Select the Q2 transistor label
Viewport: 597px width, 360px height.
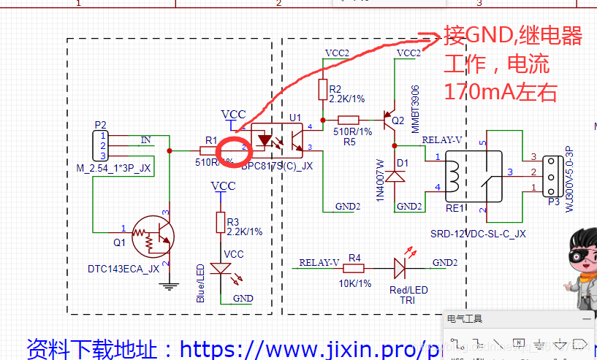pyautogui.click(x=398, y=120)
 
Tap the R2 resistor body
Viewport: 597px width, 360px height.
pyautogui.click(x=324, y=89)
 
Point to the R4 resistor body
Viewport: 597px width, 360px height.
pyautogui.click(x=354, y=268)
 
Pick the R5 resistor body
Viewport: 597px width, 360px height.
pyautogui.click(x=349, y=120)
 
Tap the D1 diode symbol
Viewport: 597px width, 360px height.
pyautogui.click(x=395, y=177)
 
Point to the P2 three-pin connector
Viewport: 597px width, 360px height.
pyautogui.click(x=100, y=146)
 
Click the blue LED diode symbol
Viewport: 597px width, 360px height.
pyautogui.click(x=220, y=269)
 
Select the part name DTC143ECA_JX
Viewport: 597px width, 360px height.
pyautogui.click(x=123, y=269)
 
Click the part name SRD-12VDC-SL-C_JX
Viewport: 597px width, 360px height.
pyautogui.click(x=478, y=234)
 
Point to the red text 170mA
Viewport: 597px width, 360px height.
pyautogui.click(x=481, y=92)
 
